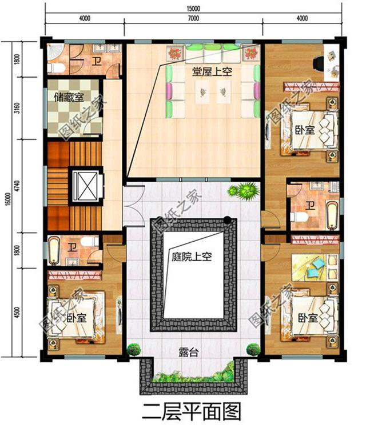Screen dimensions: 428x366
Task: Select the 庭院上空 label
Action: [192, 257]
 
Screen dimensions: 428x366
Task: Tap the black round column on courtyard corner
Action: [227, 219]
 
